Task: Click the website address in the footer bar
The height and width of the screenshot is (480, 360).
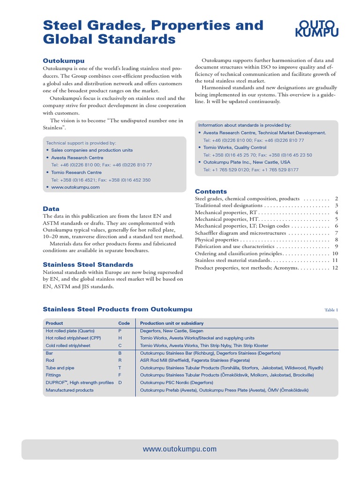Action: [180, 449]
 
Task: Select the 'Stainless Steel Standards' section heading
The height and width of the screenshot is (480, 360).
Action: [88, 265]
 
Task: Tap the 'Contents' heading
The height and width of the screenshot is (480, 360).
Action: [210, 191]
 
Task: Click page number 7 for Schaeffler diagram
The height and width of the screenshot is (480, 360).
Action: [336, 233]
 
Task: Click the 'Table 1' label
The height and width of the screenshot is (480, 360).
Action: [331, 310]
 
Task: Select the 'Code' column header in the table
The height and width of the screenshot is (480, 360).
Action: [124, 323]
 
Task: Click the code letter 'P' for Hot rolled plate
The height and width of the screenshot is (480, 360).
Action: [120, 330]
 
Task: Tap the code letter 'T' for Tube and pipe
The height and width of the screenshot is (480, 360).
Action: [120, 368]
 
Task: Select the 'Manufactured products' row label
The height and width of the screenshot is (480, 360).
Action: [69, 390]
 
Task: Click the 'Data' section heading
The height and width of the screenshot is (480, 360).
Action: [51, 209]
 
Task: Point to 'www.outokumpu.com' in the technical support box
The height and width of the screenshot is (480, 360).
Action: [75, 187]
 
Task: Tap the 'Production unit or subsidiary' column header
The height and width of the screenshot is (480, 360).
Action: [172, 323]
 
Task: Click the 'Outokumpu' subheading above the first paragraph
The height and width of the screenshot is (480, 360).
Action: [64, 60]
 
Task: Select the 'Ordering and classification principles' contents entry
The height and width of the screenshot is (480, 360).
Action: [239, 253]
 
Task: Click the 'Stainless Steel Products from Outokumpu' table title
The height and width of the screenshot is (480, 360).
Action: [117, 309]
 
